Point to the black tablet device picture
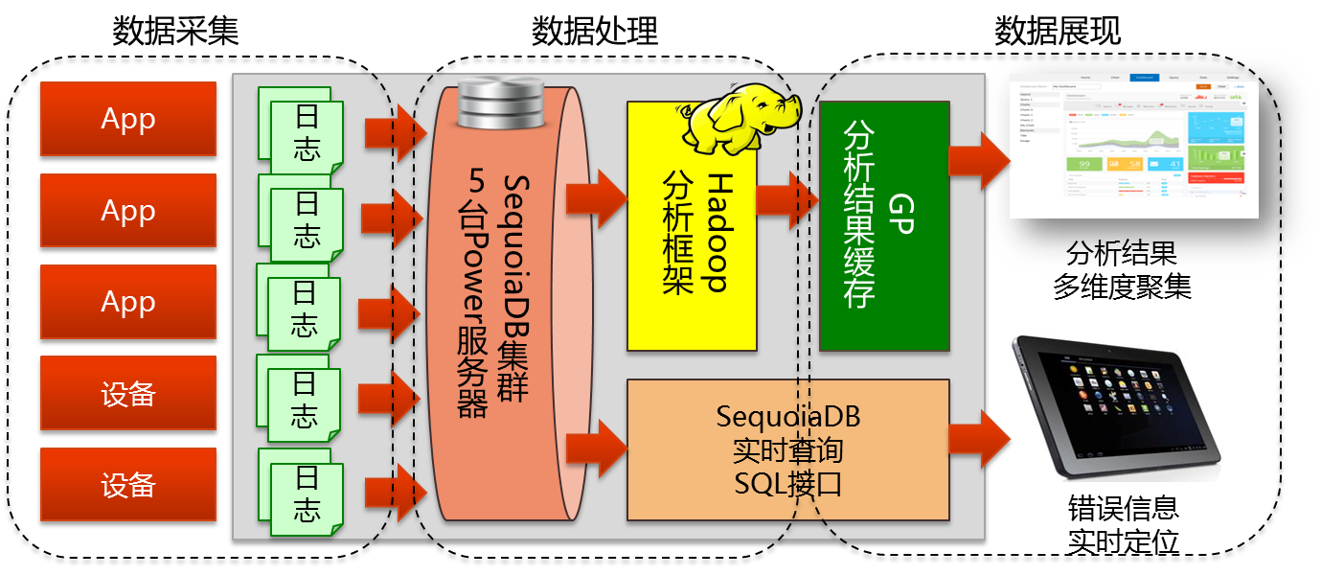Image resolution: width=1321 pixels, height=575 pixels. click(x=1117, y=406)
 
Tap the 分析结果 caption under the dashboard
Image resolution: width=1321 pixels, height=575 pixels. click(x=1121, y=255)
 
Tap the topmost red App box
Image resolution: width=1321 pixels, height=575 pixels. click(x=128, y=119)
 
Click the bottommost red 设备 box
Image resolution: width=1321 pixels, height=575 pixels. click(x=128, y=485)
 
